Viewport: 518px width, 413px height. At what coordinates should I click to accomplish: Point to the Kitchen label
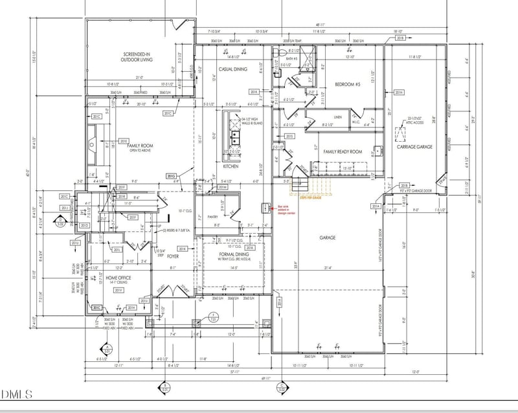tap(231, 166)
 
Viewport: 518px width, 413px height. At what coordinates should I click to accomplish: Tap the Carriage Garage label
tap(414, 147)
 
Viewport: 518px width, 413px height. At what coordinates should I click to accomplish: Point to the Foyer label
tap(173, 256)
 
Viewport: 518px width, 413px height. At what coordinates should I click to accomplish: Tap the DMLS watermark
tap(19, 394)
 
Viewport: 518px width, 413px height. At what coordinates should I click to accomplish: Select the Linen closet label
tap(337, 117)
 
